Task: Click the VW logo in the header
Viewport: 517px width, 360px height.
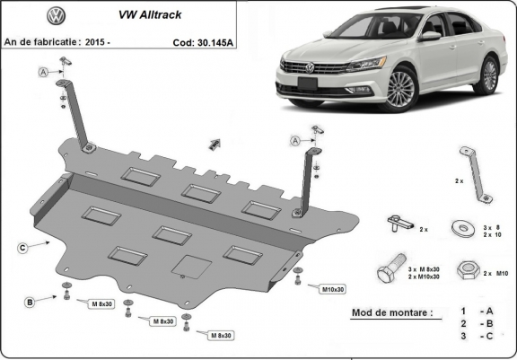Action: coord(57,16)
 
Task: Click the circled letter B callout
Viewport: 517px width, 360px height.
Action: coord(30,302)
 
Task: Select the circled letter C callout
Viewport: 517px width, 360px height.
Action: coord(20,245)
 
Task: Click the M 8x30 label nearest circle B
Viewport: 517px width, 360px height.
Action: coord(101,305)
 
